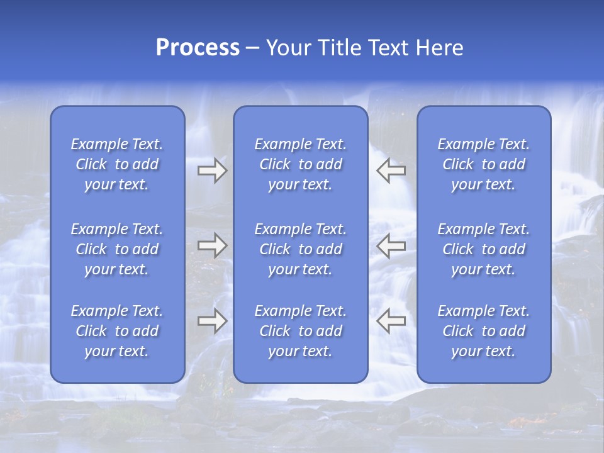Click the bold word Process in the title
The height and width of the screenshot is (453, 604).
click(198, 48)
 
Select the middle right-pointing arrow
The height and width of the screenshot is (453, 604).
click(213, 245)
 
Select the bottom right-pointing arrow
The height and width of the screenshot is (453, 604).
click(213, 321)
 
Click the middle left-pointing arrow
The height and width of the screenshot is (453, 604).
click(391, 245)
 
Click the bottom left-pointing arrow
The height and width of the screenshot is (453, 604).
click(391, 321)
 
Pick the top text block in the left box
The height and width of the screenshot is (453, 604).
click(117, 164)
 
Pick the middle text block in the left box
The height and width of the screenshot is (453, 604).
click(117, 249)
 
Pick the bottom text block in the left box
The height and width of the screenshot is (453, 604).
click(117, 331)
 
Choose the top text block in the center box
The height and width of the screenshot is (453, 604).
click(301, 164)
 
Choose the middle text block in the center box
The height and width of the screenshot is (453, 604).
click(301, 249)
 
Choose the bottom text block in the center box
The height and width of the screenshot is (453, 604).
click(301, 331)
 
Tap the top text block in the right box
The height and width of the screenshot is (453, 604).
click(484, 164)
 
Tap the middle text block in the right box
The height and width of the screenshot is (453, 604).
click(484, 249)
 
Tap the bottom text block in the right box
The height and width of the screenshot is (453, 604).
click(484, 331)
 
